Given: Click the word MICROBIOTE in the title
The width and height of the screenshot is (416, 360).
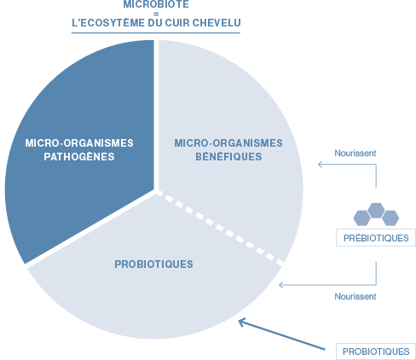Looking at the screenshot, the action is [156, 4].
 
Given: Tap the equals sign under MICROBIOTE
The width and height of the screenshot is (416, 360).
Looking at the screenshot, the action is [156, 14].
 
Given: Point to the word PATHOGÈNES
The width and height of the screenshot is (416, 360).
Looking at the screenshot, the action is [79, 156].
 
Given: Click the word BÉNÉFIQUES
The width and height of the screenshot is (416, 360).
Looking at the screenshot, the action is [228, 156].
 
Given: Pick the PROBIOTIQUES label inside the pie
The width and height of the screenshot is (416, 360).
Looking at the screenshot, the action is [153, 264].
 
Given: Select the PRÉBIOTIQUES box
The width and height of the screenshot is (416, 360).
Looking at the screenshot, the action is [376, 238].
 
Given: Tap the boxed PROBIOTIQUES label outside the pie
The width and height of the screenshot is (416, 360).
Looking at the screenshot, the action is [376, 351].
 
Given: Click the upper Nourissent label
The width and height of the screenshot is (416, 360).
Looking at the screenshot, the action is [355, 154].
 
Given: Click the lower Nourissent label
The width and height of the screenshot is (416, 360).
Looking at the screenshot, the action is [355, 297].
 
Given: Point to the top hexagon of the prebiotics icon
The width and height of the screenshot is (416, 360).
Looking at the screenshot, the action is [376, 211].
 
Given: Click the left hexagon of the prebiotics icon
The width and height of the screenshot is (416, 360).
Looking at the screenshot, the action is [362, 218].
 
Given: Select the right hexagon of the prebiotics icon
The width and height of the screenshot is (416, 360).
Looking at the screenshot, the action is [390, 218].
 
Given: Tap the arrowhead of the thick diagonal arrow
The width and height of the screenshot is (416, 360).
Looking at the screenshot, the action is [242, 322].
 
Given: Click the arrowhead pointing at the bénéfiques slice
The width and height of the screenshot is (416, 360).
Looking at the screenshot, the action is [320, 165].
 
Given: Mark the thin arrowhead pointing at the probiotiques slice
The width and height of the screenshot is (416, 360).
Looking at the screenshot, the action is [281, 285].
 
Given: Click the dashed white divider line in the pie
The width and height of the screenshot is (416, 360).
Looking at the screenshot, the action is [221, 229].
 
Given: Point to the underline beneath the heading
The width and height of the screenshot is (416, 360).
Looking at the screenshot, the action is [156, 32].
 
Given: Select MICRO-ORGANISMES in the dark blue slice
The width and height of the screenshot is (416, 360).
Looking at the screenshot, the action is [79, 143].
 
